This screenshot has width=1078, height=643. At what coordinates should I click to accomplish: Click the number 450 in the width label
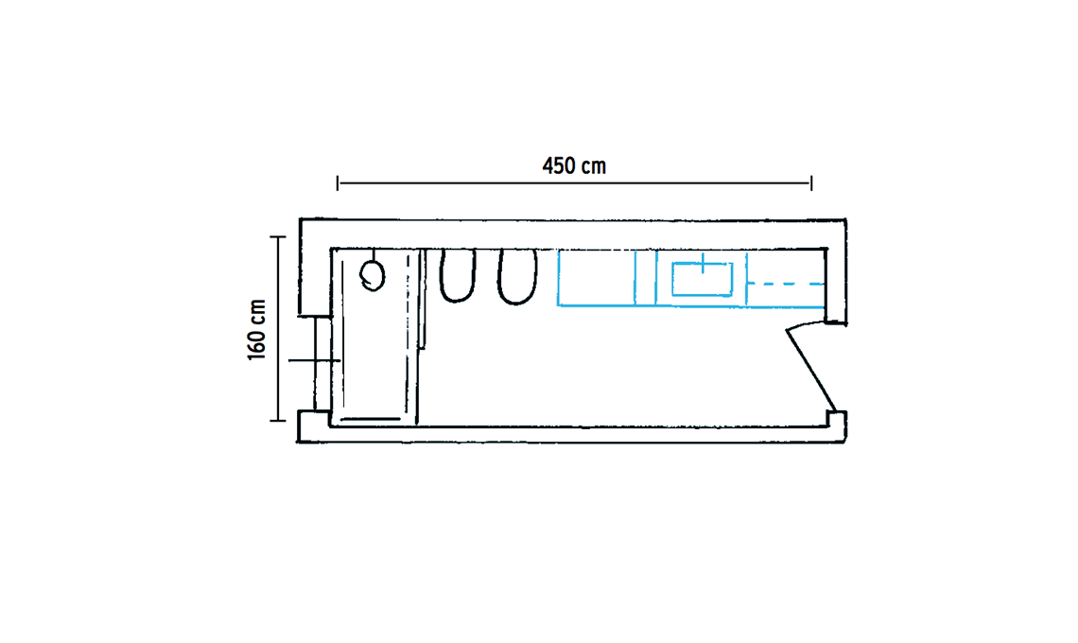point(558,166)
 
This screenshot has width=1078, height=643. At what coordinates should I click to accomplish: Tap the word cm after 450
point(593,167)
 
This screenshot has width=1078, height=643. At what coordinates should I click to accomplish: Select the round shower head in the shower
point(372,276)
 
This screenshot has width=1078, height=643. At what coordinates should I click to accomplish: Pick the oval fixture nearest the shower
point(457,275)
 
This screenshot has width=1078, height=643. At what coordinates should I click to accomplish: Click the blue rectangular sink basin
point(702,279)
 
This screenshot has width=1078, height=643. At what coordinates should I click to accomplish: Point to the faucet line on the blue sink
point(703,264)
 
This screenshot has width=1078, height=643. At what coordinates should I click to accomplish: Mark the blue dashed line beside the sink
point(786,284)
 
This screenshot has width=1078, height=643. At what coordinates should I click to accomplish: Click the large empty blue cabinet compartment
point(596,277)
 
